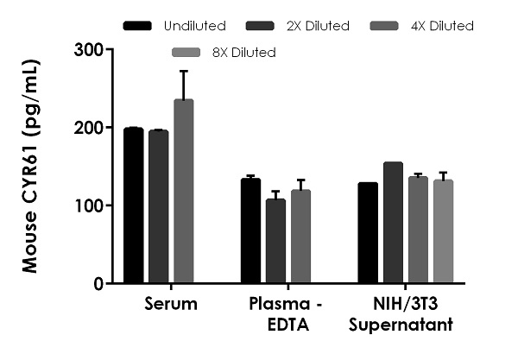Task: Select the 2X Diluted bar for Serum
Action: click(158, 207)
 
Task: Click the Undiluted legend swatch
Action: click(139, 26)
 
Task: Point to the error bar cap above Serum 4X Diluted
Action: click(183, 71)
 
